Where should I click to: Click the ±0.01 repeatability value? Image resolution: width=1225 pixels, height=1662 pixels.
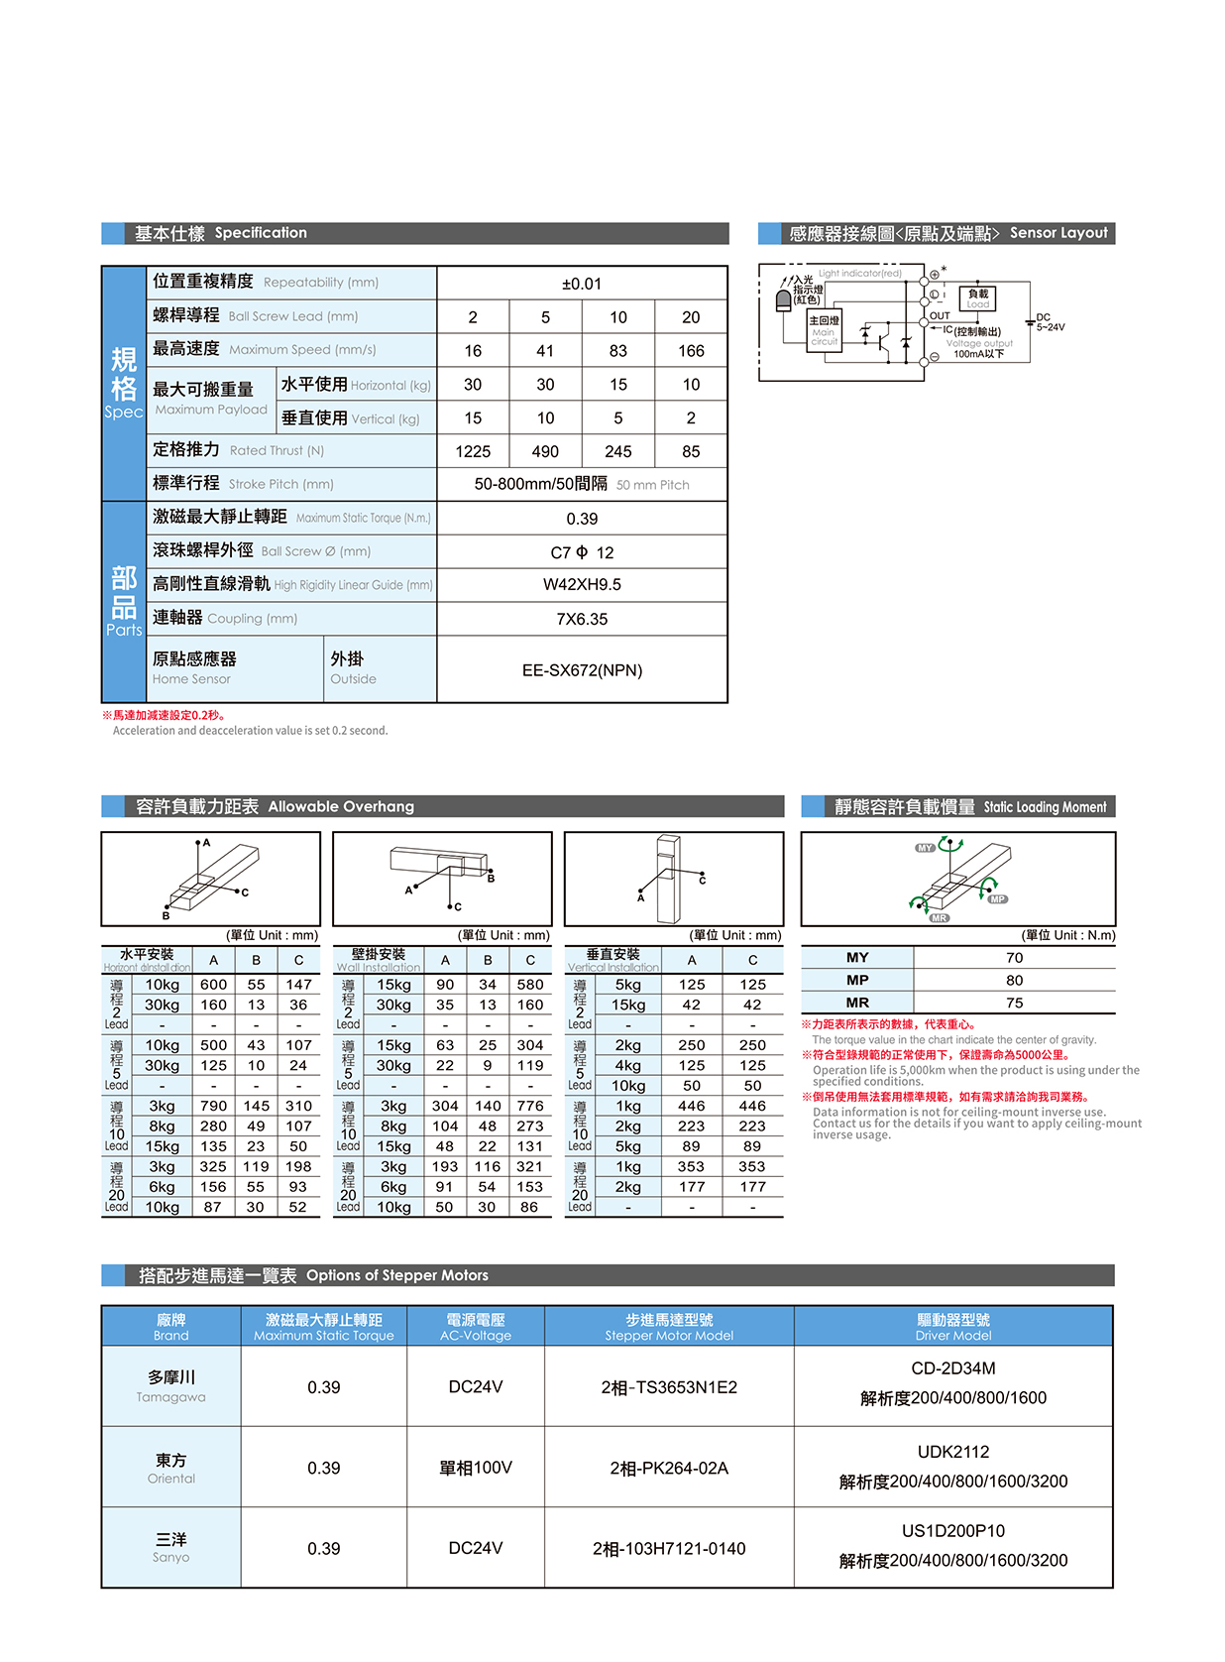(582, 284)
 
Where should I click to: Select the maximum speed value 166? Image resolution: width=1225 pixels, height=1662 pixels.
(691, 351)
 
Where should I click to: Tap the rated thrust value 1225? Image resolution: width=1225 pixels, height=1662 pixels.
(473, 452)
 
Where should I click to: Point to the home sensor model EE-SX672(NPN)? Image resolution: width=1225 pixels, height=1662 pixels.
(582, 670)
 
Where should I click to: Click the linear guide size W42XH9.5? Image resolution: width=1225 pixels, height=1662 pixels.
(582, 585)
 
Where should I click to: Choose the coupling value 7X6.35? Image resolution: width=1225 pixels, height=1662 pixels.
(582, 620)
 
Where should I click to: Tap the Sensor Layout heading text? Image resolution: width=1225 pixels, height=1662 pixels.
(1058, 233)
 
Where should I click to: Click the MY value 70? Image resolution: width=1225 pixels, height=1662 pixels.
(1014, 958)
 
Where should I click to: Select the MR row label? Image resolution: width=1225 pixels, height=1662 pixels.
(857, 1003)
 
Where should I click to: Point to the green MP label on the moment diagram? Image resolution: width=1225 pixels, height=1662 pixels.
(997, 899)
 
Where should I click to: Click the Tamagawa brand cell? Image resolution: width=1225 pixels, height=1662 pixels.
(171, 1386)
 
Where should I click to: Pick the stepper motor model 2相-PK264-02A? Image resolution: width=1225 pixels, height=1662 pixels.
(669, 1468)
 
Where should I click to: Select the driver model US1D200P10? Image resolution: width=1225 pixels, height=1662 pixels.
(952, 1531)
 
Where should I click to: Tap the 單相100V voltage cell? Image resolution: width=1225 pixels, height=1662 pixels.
(476, 1468)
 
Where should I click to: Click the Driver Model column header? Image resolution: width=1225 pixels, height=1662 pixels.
(952, 1327)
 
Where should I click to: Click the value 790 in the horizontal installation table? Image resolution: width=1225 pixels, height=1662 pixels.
(213, 1106)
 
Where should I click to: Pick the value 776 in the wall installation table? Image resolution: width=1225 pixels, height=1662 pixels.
(529, 1106)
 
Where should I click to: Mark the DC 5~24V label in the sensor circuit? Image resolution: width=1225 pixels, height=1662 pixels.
(1050, 322)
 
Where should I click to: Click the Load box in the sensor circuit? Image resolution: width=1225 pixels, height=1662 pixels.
(977, 297)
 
